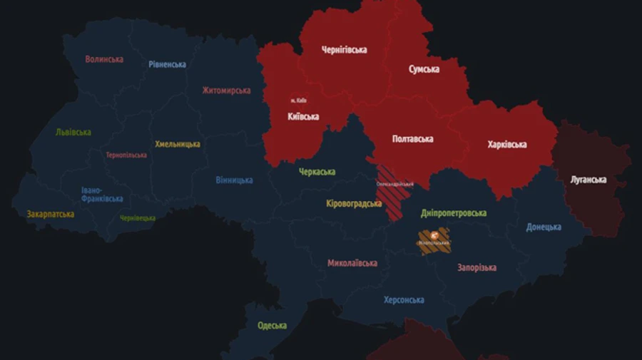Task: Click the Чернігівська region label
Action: click(344, 50)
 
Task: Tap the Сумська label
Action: click(424, 69)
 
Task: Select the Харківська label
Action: click(507, 145)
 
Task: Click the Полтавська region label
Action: click(412, 139)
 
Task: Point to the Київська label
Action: click(303, 116)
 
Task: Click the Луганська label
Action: click(588, 180)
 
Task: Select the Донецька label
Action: click(544, 227)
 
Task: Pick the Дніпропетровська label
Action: click(454, 213)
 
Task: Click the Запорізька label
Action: click(477, 268)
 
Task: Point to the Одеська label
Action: click(272, 326)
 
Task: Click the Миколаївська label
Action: click(352, 263)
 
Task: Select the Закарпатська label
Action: click(51, 214)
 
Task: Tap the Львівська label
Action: click(73, 133)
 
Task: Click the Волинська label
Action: click(104, 59)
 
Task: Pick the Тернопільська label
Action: click(126, 155)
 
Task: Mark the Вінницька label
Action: click(234, 180)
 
